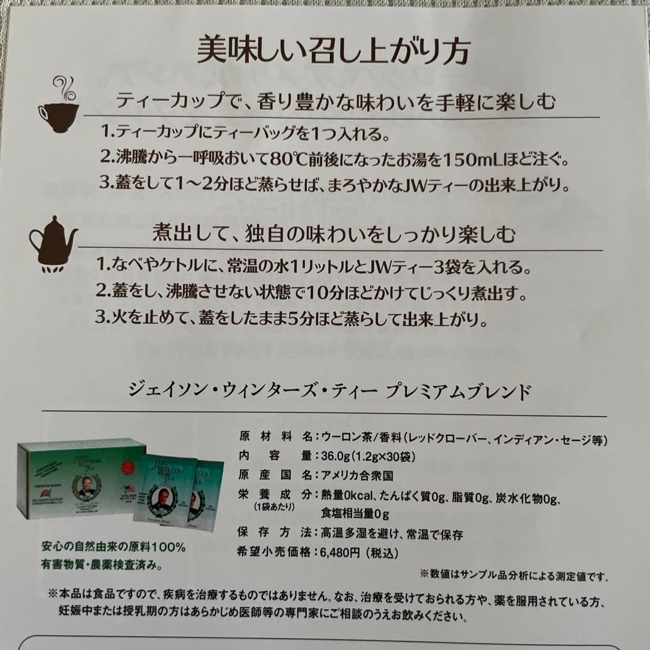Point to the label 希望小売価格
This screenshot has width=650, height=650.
pos(276,552)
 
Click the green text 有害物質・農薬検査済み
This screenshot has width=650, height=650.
pos(103,565)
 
